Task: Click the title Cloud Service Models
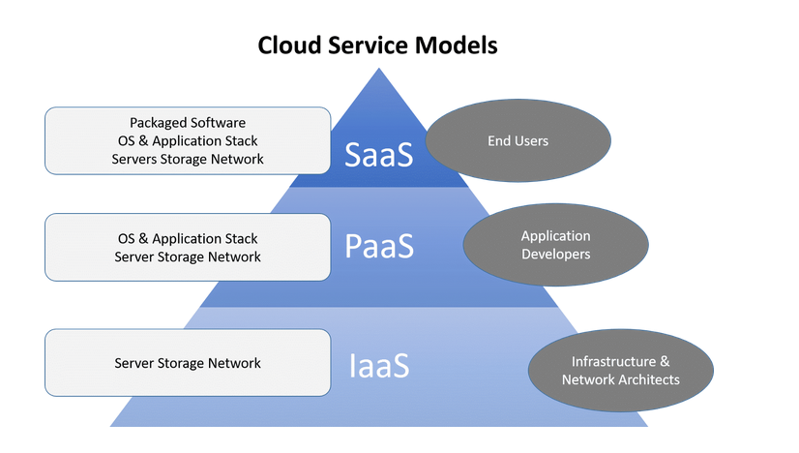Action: point(377,45)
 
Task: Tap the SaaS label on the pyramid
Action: point(378,155)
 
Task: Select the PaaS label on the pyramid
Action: point(379,246)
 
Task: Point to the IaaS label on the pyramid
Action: point(379,365)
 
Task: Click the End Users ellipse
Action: point(518,140)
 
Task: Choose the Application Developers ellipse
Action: point(556,245)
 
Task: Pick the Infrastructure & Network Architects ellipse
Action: point(621,371)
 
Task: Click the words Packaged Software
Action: point(188,123)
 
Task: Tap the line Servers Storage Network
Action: point(188,159)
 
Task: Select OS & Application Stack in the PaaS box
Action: point(188,239)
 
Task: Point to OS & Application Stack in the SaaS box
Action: point(188,140)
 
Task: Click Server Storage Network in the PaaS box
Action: point(188,257)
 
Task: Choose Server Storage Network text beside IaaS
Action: point(188,363)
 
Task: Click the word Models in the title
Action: point(456,45)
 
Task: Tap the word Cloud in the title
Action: point(290,45)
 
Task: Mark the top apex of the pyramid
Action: point(378,69)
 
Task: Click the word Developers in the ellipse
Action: point(556,254)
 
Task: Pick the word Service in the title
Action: point(369,45)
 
